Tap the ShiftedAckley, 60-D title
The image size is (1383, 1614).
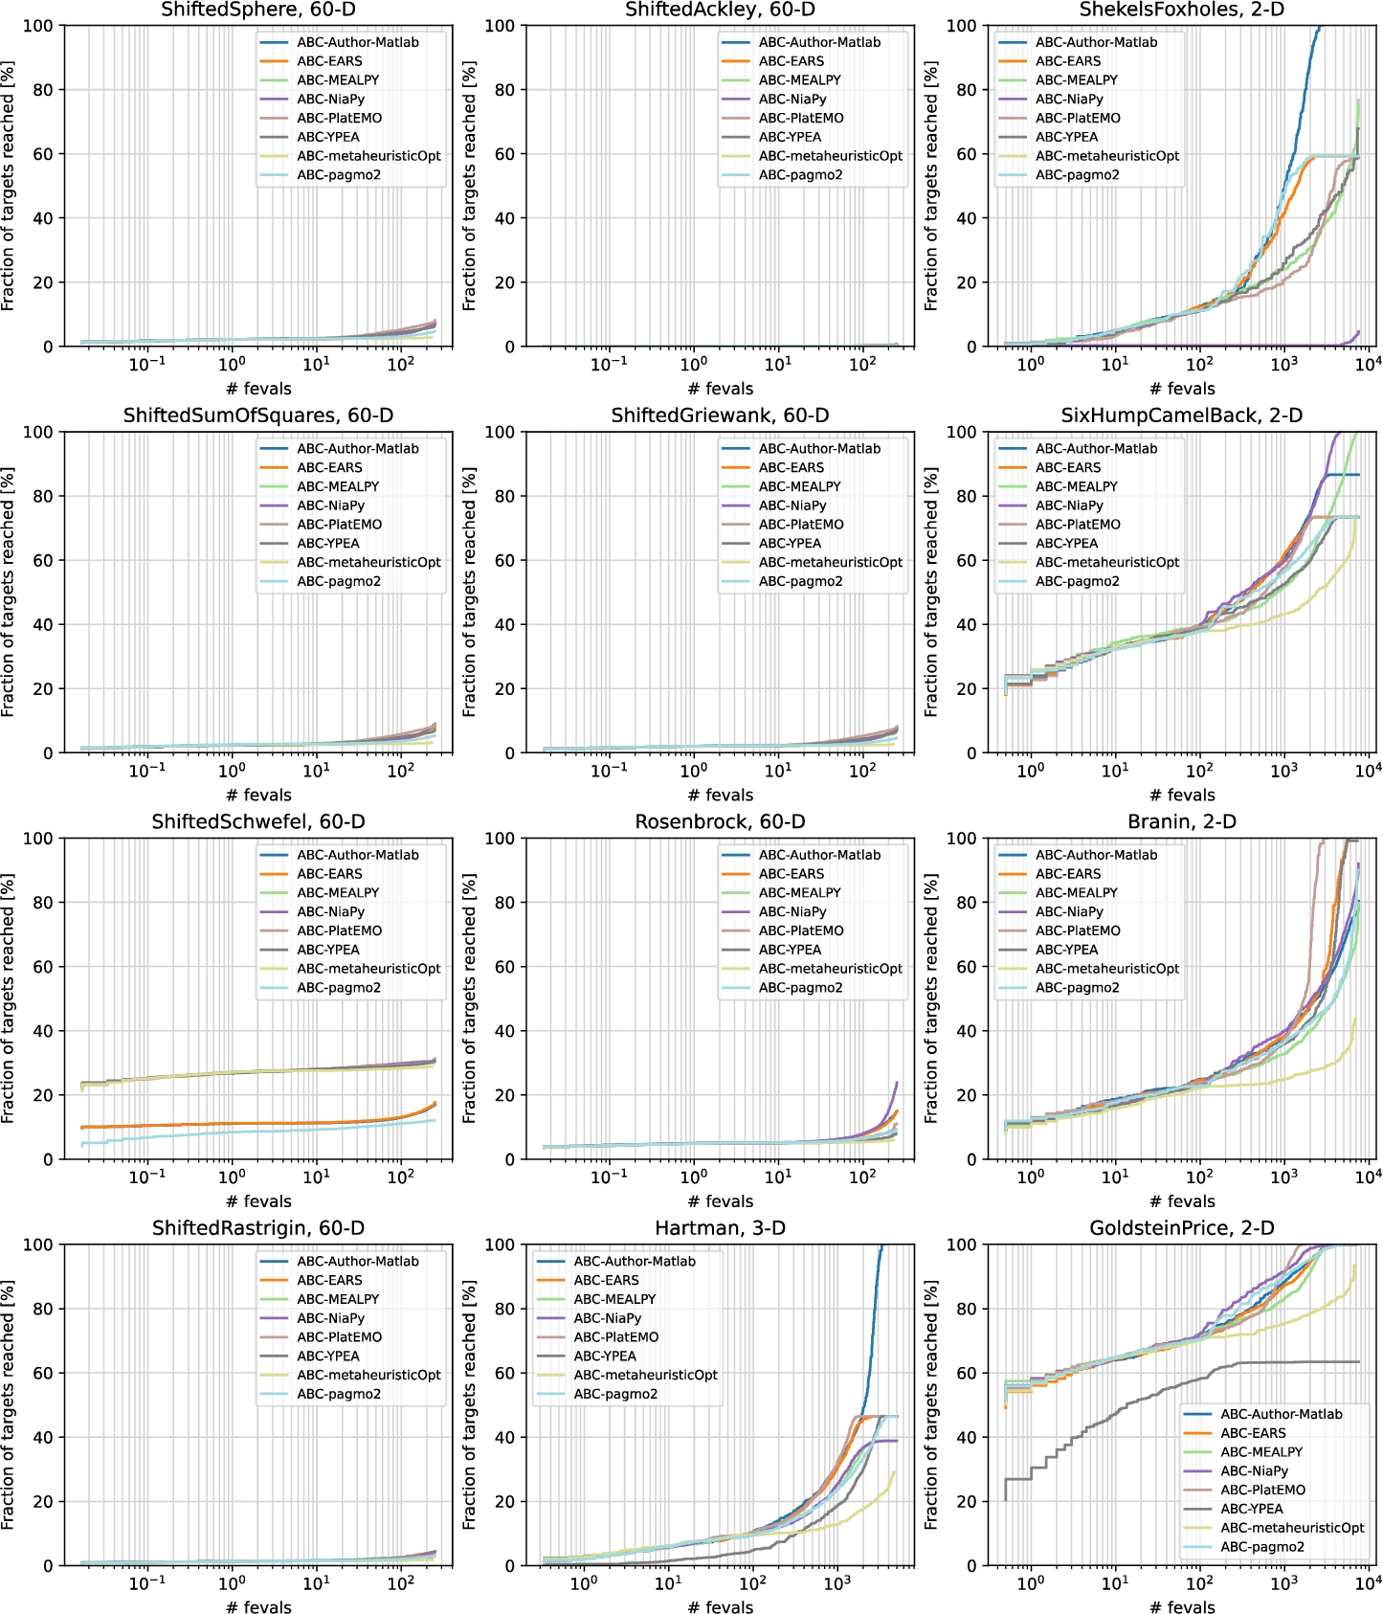(720, 10)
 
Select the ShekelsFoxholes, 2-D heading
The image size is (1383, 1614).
(1181, 10)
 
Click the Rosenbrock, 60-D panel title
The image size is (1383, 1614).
(720, 822)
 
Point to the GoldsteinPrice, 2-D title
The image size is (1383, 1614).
(1181, 1228)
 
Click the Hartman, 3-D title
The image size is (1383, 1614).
(720, 1228)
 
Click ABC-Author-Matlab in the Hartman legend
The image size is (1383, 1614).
(634, 1262)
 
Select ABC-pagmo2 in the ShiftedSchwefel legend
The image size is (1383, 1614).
(338, 988)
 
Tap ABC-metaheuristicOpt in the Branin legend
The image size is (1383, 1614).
(1106, 969)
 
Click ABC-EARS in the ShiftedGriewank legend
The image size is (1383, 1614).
(791, 467)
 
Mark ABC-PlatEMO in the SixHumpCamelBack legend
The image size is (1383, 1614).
(1078, 525)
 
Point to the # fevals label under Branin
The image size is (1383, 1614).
(1181, 1201)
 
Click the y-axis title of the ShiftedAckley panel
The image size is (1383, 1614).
(469, 187)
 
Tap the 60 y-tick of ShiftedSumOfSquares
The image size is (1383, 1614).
(42, 561)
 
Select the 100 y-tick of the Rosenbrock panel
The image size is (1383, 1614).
(500, 839)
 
